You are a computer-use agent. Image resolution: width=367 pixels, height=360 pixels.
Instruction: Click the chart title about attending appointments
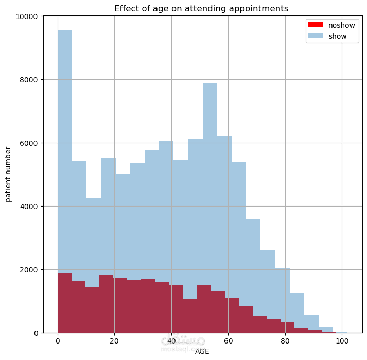pos(201,9)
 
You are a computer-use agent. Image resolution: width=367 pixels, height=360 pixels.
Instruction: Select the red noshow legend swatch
pos(314,25)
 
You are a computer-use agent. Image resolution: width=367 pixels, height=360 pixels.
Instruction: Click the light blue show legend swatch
pos(314,36)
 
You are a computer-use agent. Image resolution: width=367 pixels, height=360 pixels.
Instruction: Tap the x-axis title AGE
pos(202,351)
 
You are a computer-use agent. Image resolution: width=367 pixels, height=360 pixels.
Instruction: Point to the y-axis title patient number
pos(8,174)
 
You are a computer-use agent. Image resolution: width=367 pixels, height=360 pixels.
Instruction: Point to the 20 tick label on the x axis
pos(114,341)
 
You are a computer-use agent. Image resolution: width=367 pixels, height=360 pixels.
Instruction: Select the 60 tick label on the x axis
pos(228,341)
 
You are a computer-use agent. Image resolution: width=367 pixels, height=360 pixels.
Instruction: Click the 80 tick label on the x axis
pos(285,341)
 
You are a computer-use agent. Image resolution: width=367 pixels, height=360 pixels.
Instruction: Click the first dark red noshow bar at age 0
pos(64,304)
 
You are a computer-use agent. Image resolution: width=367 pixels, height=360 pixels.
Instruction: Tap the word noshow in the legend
pos(341,25)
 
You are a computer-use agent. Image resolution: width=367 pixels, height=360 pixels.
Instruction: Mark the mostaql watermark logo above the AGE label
pos(183,341)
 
